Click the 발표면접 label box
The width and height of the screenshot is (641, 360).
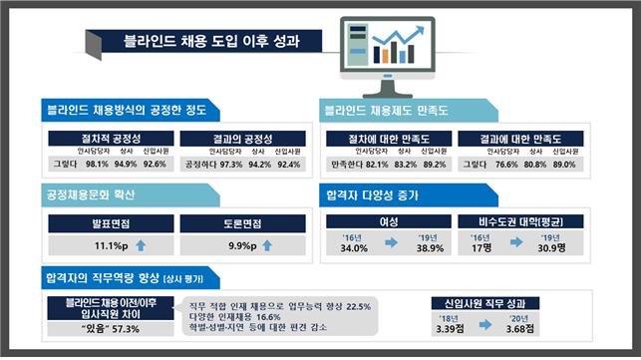pos(109,223)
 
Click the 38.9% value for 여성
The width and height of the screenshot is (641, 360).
pos(432,247)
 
